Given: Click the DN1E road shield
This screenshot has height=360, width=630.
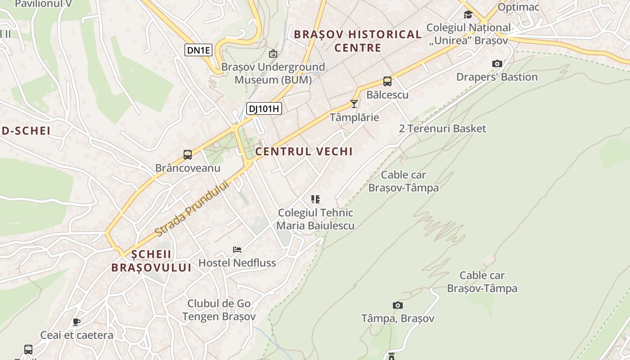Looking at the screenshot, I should pos(198,50).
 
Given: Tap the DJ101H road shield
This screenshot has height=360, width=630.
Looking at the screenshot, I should pos(264,108).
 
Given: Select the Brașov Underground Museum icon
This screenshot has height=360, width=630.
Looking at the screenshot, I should pos(273,54).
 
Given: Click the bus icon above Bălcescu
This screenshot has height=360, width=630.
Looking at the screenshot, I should pos(387,81).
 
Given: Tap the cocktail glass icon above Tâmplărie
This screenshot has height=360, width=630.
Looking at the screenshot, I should pos(354,104).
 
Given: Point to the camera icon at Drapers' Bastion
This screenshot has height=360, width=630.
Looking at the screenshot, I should pos(497,63).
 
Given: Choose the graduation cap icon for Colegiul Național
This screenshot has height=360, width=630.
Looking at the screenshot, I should pos(468,14).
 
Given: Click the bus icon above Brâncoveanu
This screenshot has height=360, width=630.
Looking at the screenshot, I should pos(188,155).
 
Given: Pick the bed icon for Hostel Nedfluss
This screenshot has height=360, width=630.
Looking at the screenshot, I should pos(237,249).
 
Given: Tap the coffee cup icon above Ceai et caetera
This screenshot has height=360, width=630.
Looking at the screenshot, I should pos(76,322).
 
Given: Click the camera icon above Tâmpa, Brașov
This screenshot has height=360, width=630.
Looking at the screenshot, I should pos(397,305).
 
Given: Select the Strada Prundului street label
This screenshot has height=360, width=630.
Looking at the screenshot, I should pos(192,209).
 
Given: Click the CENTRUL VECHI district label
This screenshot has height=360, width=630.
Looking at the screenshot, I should pos(304,152).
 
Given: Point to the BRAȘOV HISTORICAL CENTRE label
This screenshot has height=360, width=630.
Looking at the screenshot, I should pos(358,41).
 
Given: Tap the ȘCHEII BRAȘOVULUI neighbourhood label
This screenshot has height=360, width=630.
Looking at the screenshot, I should pos(151,261).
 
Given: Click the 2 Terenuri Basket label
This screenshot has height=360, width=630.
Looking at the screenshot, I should pos(442,129).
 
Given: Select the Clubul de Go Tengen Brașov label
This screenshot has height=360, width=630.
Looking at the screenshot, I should pos(219,310).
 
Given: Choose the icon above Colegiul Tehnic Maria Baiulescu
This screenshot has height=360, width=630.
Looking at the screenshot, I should pos(315,199).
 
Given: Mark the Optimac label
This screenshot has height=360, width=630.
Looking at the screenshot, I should pos(518,7).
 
